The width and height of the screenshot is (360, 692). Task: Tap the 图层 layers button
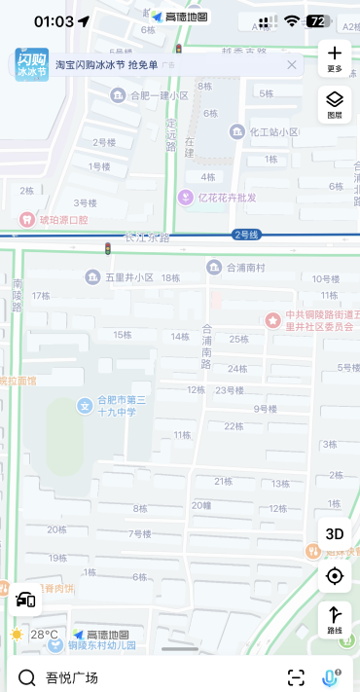(335, 100)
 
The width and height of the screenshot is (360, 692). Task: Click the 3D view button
(335, 533)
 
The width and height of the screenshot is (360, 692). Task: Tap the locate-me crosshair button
(335, 576)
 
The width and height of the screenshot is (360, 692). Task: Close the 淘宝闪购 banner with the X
(292, 65)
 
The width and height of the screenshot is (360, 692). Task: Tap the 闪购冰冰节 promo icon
(31, 65)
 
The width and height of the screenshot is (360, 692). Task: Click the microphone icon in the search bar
(331, 676)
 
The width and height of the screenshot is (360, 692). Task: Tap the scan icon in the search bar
(296, 676)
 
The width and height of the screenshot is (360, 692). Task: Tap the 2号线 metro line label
(246, 235)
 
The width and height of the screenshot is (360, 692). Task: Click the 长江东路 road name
(146, 237)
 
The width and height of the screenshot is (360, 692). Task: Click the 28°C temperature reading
(44, 635)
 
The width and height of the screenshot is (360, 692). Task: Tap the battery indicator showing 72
(317, 20)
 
